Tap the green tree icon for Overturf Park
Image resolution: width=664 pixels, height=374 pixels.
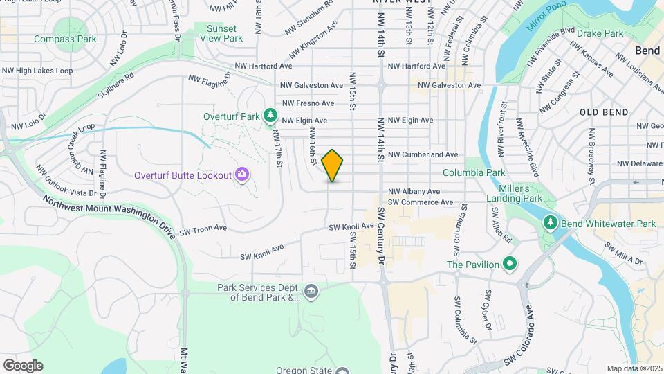click(x=271, y=115)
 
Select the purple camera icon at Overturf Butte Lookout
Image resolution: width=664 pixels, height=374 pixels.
click(x=242, y=174)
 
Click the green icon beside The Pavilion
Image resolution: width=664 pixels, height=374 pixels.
click(x=510, y=264)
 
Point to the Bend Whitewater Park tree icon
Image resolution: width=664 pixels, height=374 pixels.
click(x=550, y=223)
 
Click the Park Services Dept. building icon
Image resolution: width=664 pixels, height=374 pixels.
click(x=311, y=291)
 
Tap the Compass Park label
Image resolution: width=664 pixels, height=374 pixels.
click(x=65, y=39)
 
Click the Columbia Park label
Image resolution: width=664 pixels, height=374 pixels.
click(x=474, y=172)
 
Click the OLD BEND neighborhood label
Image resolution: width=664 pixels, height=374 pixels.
click(x=604, y=112)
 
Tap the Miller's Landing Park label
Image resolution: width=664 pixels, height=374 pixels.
click(x=523, y=194)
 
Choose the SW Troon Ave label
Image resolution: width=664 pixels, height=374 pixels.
click(x=203, y=228)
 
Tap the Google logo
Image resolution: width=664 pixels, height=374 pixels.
click(x=23, y=366)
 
